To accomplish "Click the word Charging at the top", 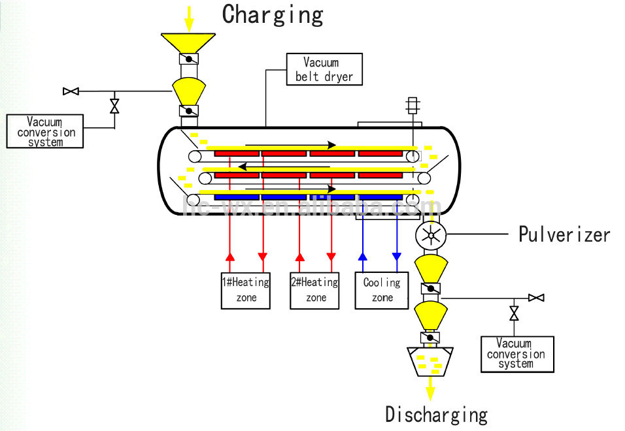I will pos(273,14).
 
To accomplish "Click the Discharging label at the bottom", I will pos(436,414).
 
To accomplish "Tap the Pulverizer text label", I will pos(564,234).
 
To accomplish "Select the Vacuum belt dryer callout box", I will pos(324,70).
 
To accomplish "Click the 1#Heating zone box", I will pos(245,290).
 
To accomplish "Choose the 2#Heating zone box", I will pos(315,290).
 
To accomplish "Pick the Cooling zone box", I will pos(382,290).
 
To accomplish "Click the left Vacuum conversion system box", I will pos(45,131).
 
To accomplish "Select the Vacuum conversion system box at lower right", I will pos(516,354).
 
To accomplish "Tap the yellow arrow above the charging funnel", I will pos(189,17).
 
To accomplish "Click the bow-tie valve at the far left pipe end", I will pos(71,91).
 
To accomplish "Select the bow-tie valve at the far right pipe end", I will pos(536,298).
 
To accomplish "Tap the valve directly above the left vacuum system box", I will pos(115,106).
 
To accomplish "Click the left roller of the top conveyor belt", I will pos(194,156).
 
